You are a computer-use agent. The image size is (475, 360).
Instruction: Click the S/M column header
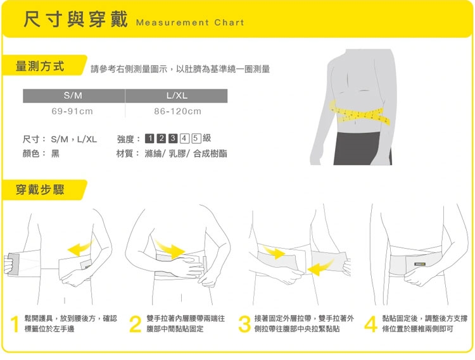pos(73,96)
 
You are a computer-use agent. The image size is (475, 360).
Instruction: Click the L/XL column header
pos(176,96)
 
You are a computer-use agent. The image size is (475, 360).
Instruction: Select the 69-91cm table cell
pos(72,111)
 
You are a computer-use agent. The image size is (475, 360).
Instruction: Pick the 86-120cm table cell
pos(177,111)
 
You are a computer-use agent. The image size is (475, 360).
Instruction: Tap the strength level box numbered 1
pos(149,139)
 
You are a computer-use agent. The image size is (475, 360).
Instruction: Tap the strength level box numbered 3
pos(173,139)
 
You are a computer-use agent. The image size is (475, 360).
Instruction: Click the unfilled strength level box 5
pos(196,139)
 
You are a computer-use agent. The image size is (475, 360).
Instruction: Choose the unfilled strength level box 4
pos(184,139)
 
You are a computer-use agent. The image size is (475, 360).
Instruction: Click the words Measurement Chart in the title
pos(190,22)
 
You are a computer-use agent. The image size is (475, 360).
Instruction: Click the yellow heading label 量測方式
pos(40,66)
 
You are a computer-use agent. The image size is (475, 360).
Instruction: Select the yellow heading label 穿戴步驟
pos(40,190)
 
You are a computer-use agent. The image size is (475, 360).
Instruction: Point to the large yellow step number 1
pos(15,325)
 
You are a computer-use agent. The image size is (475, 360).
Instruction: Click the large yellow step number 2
pos(135,325)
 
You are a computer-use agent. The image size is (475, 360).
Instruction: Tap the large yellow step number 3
pos(244,325)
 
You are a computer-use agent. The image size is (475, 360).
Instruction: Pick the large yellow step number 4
pos(370,325)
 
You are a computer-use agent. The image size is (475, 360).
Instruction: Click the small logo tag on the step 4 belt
pos(420,264)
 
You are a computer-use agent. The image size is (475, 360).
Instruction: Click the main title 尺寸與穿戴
pos(76,19)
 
